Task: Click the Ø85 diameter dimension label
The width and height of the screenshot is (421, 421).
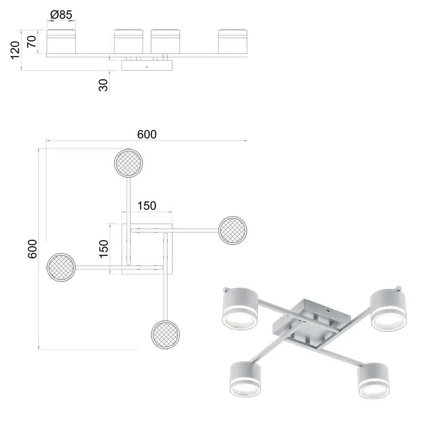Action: (x=61, y=14)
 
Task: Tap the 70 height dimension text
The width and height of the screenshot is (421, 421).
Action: (x=32, y=42)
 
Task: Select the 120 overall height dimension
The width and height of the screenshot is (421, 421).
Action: (x=15, y=50)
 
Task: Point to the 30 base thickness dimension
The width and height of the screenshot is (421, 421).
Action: (x=103, y=85)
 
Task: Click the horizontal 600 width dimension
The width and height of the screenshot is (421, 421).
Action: (x=147, y=134)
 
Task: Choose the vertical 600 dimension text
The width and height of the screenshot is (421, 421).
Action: (x=32, y=249)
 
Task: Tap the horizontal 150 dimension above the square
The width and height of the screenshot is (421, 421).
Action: (x=147, y=206)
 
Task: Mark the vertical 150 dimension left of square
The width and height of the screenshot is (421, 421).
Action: (x=104, y=249)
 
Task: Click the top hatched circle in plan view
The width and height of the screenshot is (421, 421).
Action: (x=128, y=163)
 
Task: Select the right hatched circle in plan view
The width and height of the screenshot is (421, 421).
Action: (x=232, y=230)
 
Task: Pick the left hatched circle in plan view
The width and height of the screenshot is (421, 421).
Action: (x=61, y=267)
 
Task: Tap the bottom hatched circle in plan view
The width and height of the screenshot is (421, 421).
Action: (x=165, y=335)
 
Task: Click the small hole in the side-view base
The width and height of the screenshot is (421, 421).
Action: (x=147, y=67)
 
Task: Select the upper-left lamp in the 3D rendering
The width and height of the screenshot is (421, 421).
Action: (x=240, y=309)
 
